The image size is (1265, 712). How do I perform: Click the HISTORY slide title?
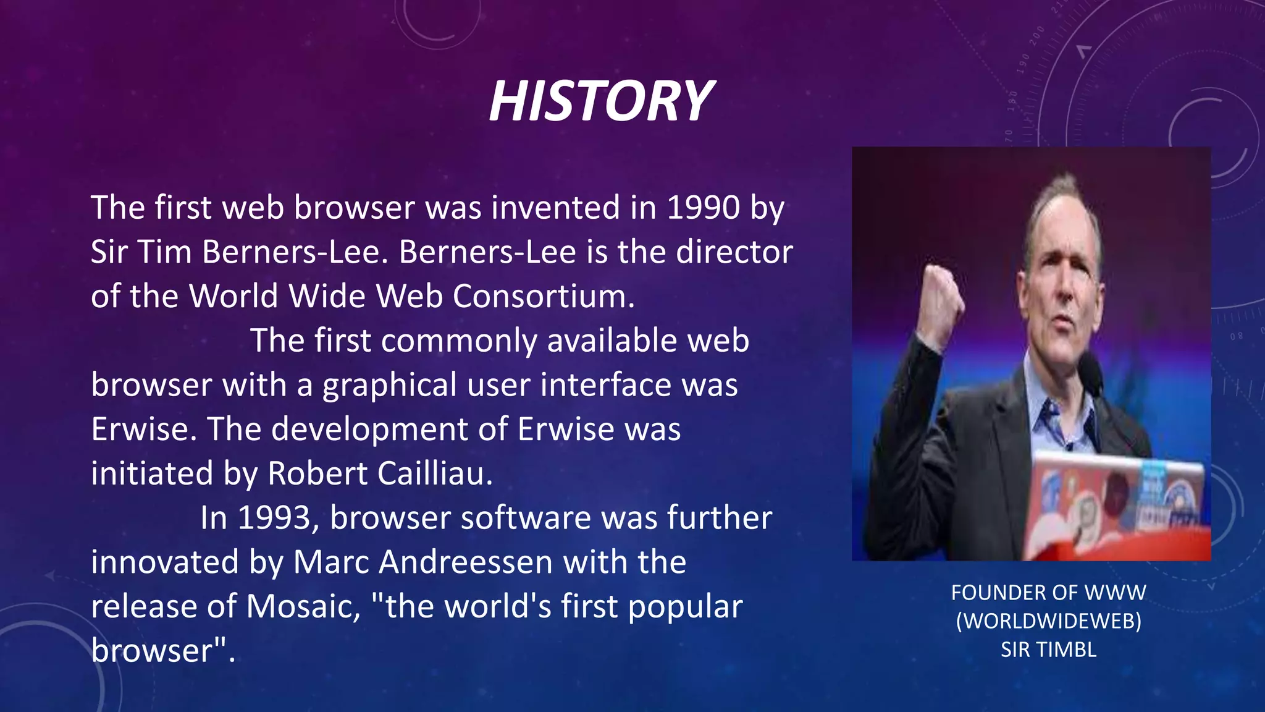pos(600,101)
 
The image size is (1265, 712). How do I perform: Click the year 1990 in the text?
pos(703,208)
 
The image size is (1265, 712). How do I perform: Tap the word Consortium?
pos(543,297)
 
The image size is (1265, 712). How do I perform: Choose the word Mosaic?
pos(303,607)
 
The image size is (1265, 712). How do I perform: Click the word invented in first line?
pos(555,208)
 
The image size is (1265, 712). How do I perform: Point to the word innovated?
pos(165,562)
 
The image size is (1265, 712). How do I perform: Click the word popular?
pos(685,607)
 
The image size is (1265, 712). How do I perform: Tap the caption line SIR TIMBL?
pos(1048,650)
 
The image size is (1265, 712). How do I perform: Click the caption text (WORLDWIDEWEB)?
pos(1048,621)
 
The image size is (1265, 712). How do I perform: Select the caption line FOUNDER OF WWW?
pos(1048,593)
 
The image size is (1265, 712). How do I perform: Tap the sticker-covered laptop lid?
pos(1112,494)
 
